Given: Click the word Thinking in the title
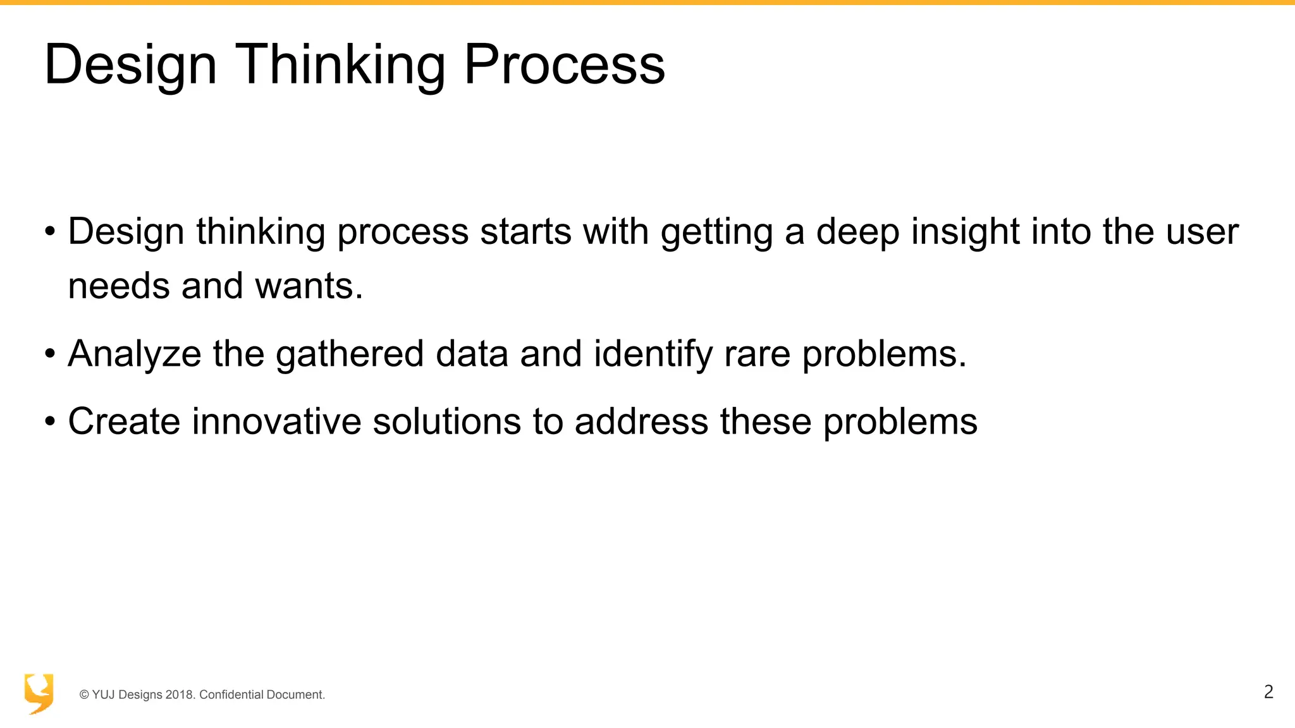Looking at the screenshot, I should pyautogui.click(x=340, y=64).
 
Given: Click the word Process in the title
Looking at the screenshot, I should pyautogui.click(x=564, y=64).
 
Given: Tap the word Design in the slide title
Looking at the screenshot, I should pyautogui.click(x=131, y=64).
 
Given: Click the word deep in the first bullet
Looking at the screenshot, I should pyautogui.click(x=857, y=231).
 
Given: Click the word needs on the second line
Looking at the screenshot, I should pyautogui.click(x=120, y=286).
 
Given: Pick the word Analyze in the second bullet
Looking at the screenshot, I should pyautogui.click(x=134, y=353).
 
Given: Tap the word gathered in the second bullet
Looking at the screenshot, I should pyautogui.click(x=349, y=353).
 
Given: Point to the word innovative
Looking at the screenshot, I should pyautogui.click(x=276, y=421).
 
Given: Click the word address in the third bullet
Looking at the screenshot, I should pyautogui.click(x=641, y=421).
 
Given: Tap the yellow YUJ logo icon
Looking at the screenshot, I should pyautogui.click(x=39, y=693).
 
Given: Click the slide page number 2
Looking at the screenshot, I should pyautogui.click(x=1268, y=692).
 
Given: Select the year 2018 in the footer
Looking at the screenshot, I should pyautogui.click(x=180, y=695).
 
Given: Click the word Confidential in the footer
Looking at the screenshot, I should pyautogui.click(x=231, y=695).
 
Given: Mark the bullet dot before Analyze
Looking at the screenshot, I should pyautogui.click(x=50, y=354).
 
